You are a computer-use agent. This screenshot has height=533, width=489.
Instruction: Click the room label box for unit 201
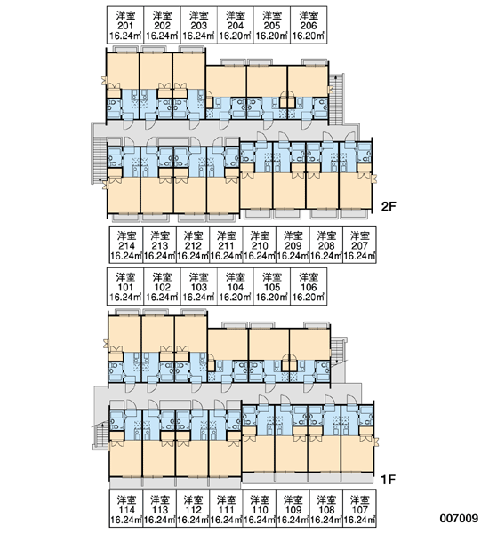pos(125,25)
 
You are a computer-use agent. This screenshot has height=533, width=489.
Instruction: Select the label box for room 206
pos(309,25)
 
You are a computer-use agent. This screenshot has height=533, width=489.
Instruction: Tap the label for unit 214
pos(126,245)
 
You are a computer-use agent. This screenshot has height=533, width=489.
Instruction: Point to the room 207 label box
pos(359,245)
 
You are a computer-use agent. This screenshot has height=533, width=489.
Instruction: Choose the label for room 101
pos(125,287)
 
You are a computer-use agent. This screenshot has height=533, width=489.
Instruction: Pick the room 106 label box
pos(309,287)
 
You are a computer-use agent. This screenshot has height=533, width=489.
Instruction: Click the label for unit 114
pos(126,509)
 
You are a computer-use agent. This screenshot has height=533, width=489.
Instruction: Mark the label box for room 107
pos(359,509)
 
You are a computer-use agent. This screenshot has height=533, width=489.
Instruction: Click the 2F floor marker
pos(389,206)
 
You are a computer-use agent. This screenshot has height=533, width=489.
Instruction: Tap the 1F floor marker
pos(388,480)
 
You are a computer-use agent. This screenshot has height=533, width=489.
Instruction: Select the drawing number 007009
pos(459,519)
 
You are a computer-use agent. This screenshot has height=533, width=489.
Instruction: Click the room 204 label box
pos(235,25)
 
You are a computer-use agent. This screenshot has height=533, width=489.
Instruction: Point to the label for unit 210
pos(260,245)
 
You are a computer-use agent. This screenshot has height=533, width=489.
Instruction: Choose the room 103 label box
pos(198,287)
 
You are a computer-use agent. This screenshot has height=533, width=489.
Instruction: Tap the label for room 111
pos(226,509)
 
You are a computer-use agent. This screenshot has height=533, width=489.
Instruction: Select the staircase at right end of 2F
pos(336,99)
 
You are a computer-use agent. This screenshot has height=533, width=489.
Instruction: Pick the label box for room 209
pos(293,245)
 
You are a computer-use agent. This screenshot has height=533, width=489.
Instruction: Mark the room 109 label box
pos(293,509)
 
